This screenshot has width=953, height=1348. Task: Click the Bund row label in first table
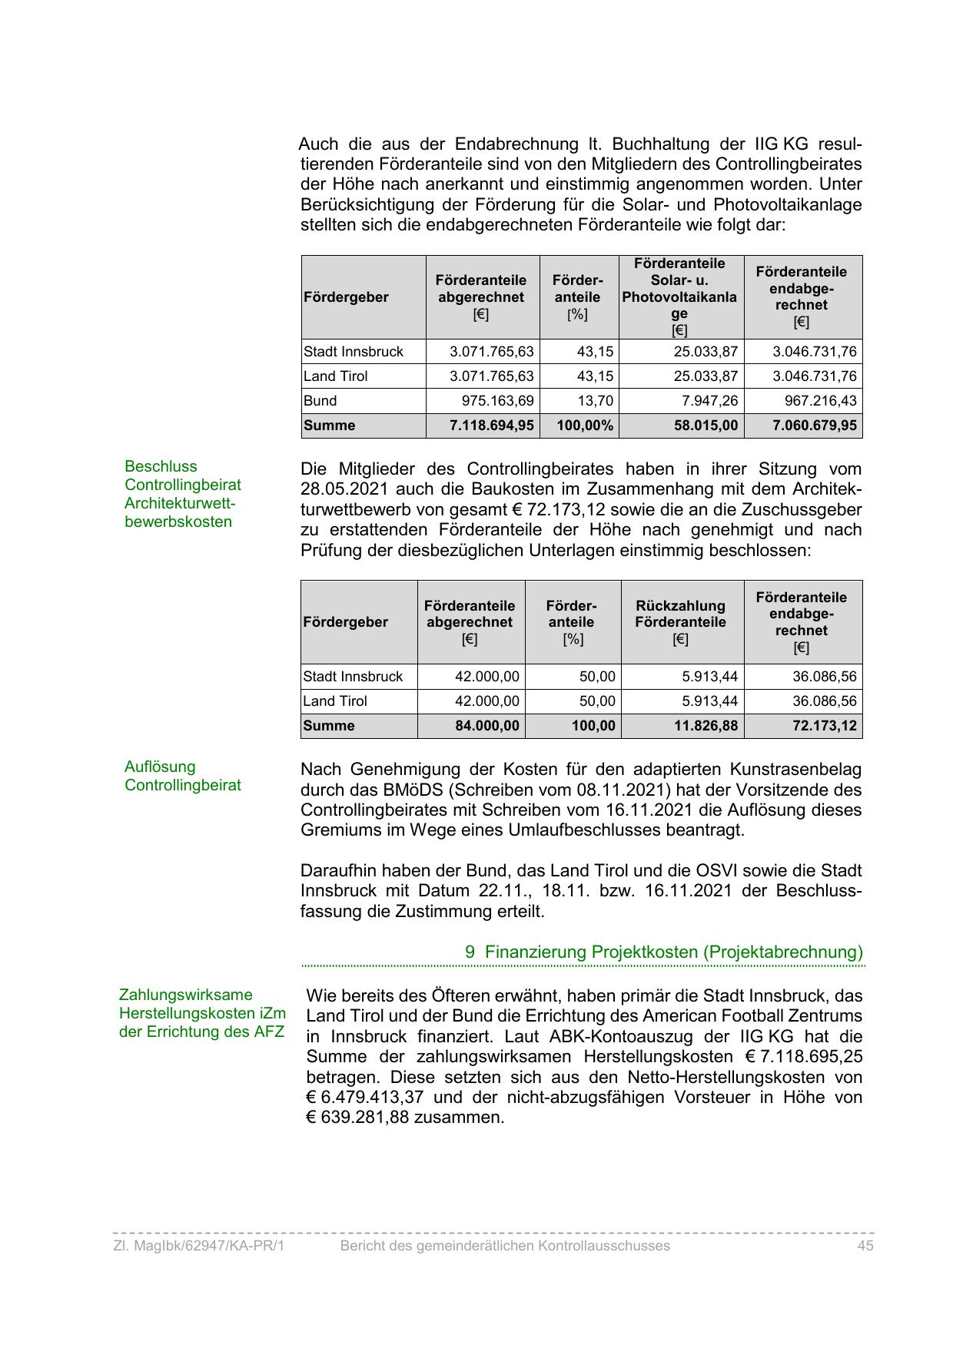(x=320, y=401)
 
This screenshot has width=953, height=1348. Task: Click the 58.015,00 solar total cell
(x=706, y=426)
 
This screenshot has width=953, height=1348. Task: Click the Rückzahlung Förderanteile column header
(x=680, y=622)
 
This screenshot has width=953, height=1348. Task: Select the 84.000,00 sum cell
(x=487, y=726)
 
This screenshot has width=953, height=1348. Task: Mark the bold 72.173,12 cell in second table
(x=825, y=726)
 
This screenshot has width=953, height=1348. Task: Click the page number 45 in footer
(x=865, y=1246)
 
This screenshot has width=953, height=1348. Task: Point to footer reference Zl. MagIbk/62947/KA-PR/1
(x=198, y=1246)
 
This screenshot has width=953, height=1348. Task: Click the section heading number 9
(x=470, y=952)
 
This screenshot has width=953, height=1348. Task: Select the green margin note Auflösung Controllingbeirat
(x=183, y=776)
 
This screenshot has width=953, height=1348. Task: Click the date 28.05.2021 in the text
(x=344, y=490)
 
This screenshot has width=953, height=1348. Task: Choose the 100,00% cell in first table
(x=585, y=426)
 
